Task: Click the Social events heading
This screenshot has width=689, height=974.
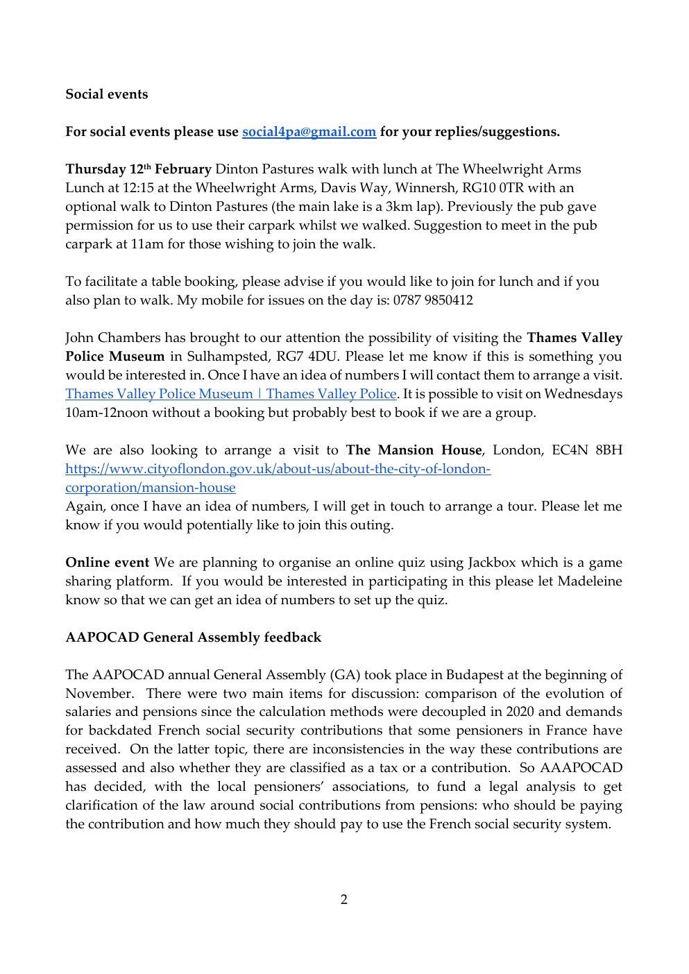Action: (x=106, y=94)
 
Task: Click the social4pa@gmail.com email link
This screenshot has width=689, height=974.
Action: (x=309, y=132)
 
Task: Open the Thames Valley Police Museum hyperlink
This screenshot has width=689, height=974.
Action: (x=231, y=394)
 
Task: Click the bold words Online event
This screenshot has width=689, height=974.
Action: (x=107, y=562)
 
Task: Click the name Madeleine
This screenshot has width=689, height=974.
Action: (x=590, y=581)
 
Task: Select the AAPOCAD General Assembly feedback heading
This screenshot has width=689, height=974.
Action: (x=193, y=637)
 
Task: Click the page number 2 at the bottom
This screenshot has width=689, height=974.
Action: (x=344, y=900)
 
